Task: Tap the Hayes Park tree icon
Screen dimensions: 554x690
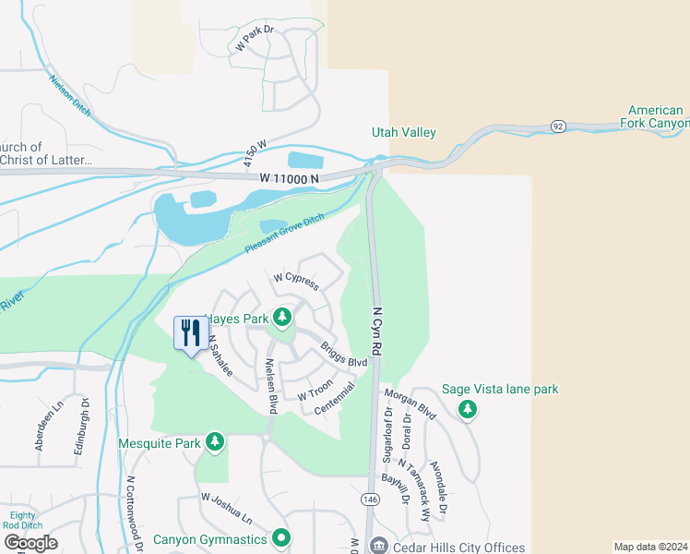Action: click(282, 319)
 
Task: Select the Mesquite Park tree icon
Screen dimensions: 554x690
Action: click(215, 443)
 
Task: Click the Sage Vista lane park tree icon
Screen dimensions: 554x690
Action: click(468, 407)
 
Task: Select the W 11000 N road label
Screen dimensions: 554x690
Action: click(289, 176)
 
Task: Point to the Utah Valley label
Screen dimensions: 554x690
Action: click(403, 133)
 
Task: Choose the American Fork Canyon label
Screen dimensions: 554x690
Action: click(657, 116)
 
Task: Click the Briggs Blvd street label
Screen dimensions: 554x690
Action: click(343, 355)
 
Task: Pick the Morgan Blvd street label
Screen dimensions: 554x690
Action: click(410, 403)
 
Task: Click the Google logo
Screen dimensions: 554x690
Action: click(30, 542)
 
